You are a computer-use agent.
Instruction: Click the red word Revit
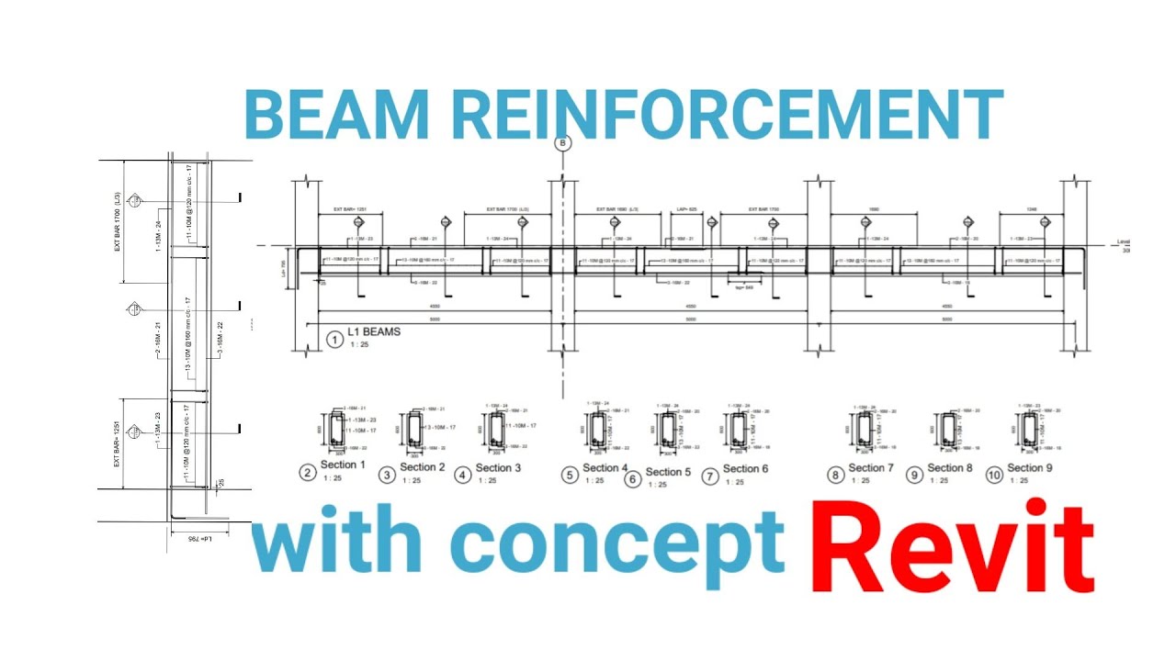click(x=951, y=548)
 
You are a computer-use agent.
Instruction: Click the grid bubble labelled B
click(x=562, y=142)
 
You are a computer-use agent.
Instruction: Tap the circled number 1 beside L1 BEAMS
click(x=334, y=340)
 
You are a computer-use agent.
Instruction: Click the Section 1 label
click(x=343, y=465)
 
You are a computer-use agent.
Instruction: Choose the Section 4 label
click(x=605, y=468)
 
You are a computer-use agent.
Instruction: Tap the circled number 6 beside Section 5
click(x=632, y=478)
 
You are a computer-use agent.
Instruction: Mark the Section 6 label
click(x=745, y=469)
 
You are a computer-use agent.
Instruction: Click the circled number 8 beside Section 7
click(x=835, y=476)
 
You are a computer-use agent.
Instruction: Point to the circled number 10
click(x=994, y=475)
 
